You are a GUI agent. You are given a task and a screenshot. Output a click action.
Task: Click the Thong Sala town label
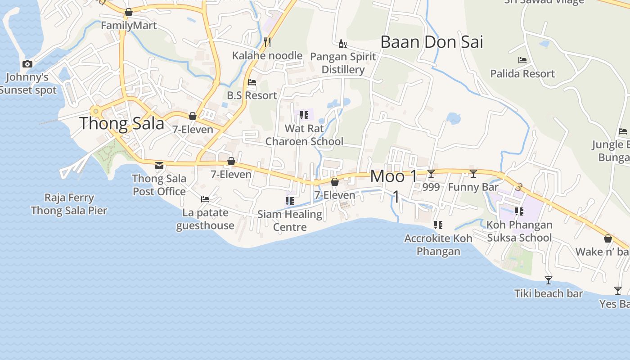[x=122, y=123]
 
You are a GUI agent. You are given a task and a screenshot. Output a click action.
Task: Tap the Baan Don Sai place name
[x=432, y=42]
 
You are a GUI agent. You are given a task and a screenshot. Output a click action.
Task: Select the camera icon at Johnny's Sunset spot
[x=27, y=64]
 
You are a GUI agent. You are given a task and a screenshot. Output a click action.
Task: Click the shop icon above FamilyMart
[x=129, y=12]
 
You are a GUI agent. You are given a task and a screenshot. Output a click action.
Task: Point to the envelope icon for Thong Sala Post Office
[x=159, y=165]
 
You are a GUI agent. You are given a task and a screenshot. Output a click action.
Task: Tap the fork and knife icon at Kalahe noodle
[x=267, y=42]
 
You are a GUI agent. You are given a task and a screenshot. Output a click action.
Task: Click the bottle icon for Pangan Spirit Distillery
[x=343, y=44]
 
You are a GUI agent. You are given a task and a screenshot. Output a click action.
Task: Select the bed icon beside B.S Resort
[x=252, y=82]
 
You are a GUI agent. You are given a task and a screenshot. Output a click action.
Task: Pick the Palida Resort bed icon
[x=522, y=60]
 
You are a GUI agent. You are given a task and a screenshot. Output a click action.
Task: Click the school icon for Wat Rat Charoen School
[x=304, y=115]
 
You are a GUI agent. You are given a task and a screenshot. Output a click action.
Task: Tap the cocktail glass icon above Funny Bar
[x=473, y=174]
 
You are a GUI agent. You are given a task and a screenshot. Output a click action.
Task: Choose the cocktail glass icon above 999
[x=431, y=174]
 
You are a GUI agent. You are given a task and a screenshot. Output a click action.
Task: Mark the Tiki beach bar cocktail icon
[x=549, y=280]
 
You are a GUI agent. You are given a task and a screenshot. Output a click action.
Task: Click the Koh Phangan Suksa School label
[x=519, y=231]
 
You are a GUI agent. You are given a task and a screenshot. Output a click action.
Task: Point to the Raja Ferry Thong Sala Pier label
[x=69, y=204]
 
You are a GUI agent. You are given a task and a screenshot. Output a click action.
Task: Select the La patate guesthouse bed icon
[x=205, y=199]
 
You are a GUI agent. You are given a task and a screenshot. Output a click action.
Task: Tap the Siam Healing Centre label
[x=290, y=220]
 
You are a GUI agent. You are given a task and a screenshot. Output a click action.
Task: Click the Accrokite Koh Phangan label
[x=438, y=245]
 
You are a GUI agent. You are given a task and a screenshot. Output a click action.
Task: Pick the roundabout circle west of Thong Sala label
[x=95, y=111]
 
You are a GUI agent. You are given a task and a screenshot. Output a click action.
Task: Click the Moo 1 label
[x=394, y=176]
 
